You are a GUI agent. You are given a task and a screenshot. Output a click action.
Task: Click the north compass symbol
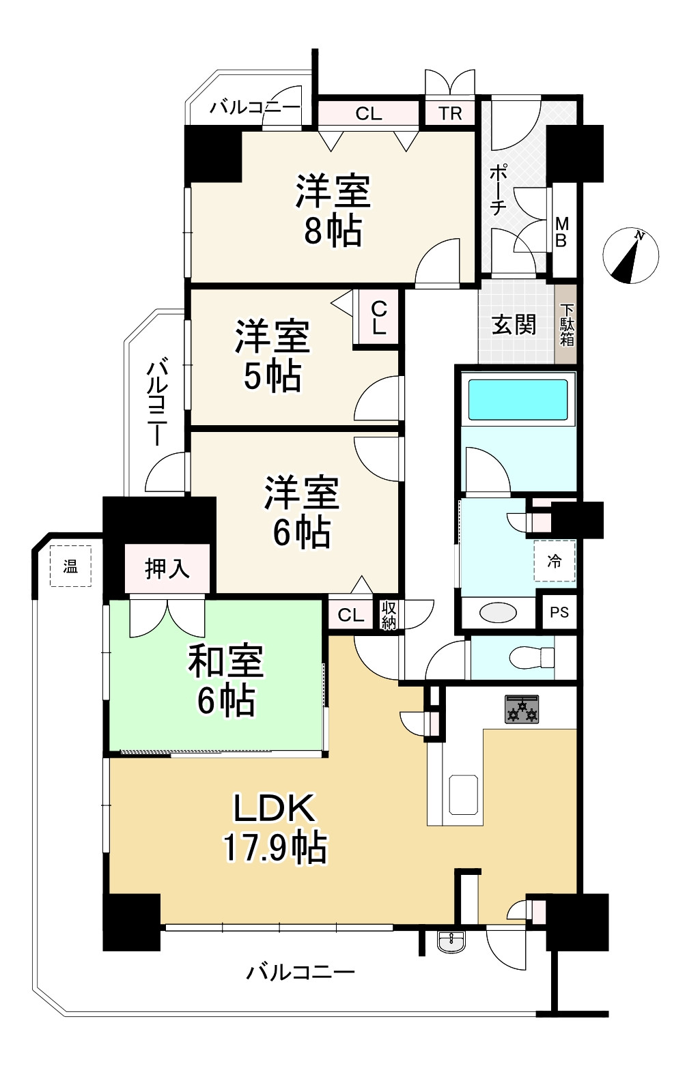[x=630, y=255]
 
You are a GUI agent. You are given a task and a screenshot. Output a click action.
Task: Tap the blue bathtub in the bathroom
[x=518, y=399]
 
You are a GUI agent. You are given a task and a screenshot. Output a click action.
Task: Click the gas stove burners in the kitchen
[x=522, y=709]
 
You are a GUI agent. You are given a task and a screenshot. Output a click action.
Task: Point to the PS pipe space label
[x=559, y=612]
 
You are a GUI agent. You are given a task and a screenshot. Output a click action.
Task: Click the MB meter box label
[x=562, y=232]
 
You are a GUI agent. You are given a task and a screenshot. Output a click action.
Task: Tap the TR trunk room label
[x=450, y=113]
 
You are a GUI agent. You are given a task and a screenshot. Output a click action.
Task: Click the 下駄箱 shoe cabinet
[x=567, y=325]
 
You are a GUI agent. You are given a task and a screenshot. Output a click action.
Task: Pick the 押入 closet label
[x=167, y=568]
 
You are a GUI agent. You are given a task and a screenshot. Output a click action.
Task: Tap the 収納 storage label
[x=389, y=616]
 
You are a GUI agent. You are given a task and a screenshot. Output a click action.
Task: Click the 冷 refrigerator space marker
[x=555, y=561]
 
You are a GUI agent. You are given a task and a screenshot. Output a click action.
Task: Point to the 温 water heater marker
[x=70, y=566]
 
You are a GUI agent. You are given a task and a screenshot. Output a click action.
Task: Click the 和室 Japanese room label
[x=226, y=661]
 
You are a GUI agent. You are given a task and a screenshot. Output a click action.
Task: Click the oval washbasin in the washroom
[x=498, y=612]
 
